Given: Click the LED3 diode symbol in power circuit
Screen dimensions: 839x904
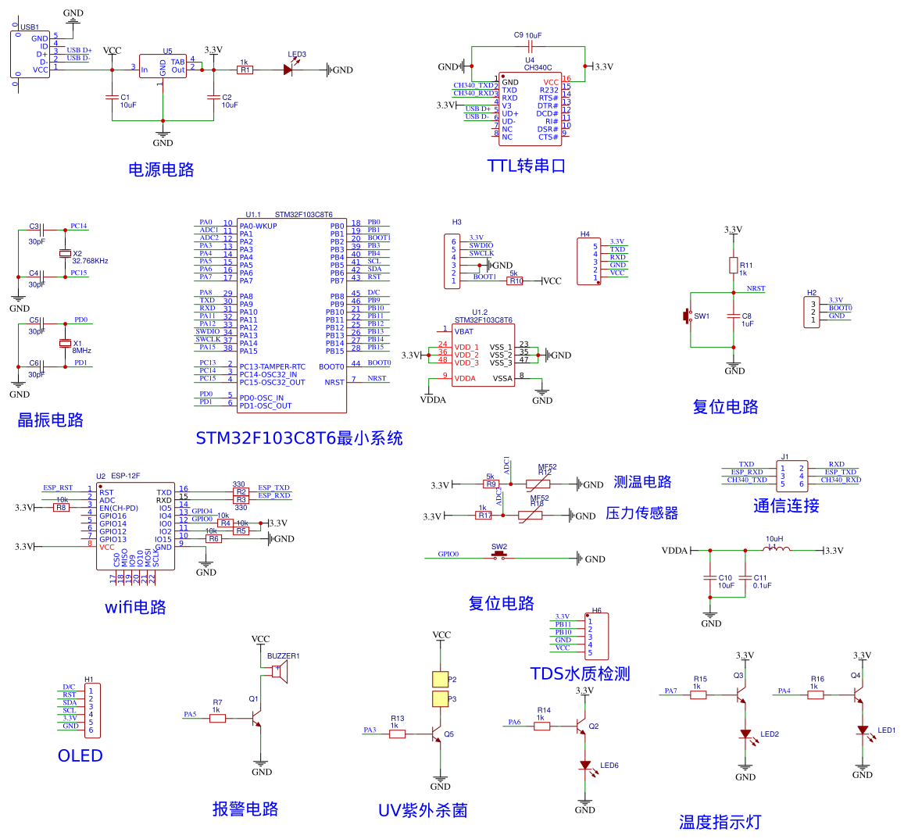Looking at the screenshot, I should coord(288,70).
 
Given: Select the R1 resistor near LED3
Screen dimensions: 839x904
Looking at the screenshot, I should coord(245,70).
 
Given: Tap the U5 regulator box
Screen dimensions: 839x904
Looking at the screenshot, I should coord(163,66).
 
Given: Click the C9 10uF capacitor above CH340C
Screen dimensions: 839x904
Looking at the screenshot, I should coord(530,47).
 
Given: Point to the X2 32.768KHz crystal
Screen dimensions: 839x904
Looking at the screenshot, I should coord(65,254).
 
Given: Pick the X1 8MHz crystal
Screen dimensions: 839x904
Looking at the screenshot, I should coord(65,344).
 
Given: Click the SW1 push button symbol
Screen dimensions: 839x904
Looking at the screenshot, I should coord(688,316).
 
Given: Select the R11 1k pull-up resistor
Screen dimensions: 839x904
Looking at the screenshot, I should coord(733,265).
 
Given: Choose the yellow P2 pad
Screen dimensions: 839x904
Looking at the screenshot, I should coord(441,680).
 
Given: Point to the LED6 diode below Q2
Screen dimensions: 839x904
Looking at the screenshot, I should coord(585,766).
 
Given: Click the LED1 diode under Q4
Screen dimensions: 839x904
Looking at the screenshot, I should coord(863,730).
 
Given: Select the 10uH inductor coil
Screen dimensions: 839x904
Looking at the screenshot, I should coord(775,548).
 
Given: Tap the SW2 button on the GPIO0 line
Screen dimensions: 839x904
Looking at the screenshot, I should coord(499,556).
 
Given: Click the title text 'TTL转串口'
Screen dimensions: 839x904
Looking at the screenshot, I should coord(526,166).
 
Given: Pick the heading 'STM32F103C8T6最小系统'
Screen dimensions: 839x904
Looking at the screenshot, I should coord(298,438).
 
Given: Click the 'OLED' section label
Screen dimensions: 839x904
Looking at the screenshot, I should coord(80,755).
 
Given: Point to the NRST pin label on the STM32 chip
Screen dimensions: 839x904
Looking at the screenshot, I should coord(334,383).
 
